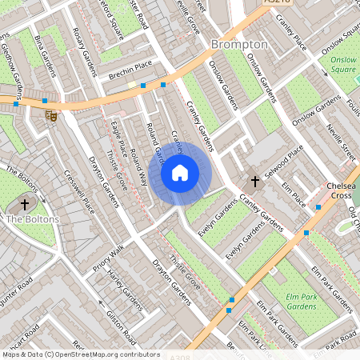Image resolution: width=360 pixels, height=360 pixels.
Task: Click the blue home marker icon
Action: click(180, 172)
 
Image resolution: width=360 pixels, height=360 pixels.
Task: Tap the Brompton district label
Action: click(239, 44)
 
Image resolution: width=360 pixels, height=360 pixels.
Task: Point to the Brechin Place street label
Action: click(130, 70)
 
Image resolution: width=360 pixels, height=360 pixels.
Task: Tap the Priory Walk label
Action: click(108, 258)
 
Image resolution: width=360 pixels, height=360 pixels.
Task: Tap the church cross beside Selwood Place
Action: click(255, 182)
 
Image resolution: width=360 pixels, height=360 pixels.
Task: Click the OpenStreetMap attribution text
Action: click(80, 354)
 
